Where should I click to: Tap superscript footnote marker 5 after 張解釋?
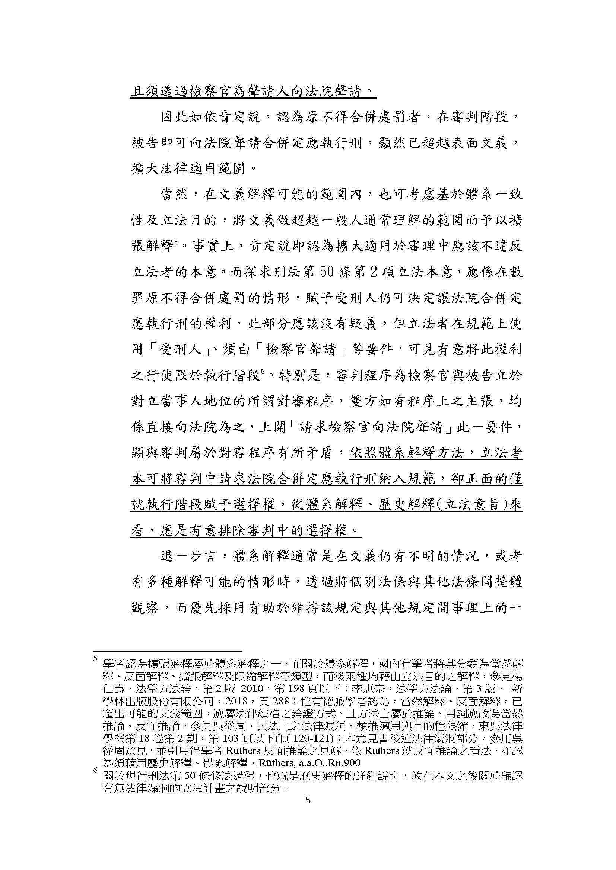pyautogui.click(x=176, y=242)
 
